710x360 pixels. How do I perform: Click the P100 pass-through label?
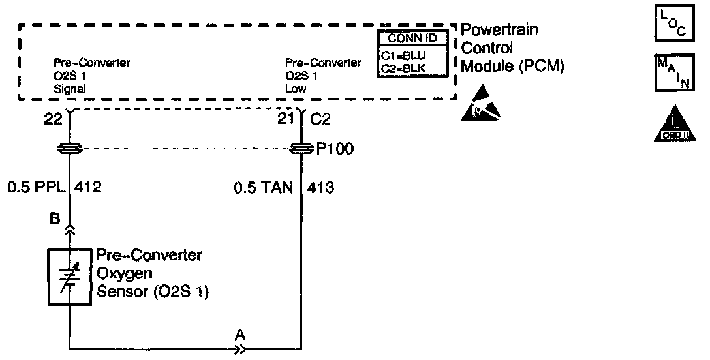335,149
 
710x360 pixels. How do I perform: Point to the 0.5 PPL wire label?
35,188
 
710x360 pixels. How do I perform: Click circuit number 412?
89,188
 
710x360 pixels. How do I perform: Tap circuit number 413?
322,188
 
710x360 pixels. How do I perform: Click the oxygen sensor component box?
69,276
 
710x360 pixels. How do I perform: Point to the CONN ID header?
412,38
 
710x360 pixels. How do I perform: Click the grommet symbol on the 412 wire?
69,149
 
